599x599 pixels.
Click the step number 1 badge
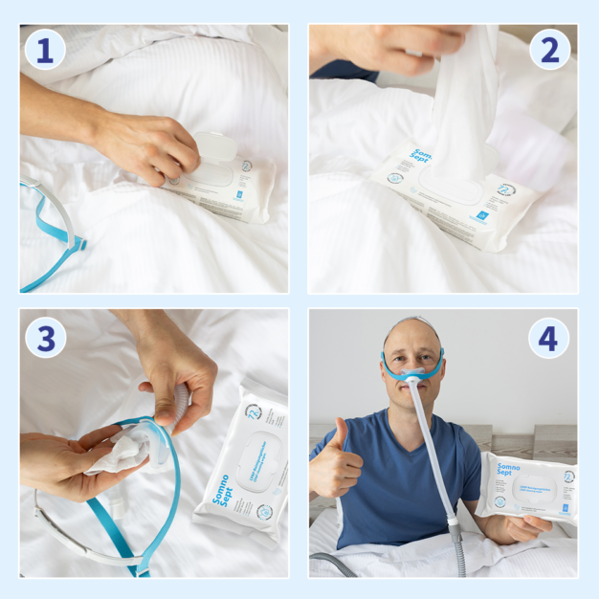click(x=45, y=50)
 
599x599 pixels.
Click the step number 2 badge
click(x=549, y=50)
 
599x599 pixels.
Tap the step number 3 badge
click(x=45, y=337)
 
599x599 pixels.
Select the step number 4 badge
click(x=549, y=337)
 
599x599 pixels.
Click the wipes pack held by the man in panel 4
click(x=527, y=488)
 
